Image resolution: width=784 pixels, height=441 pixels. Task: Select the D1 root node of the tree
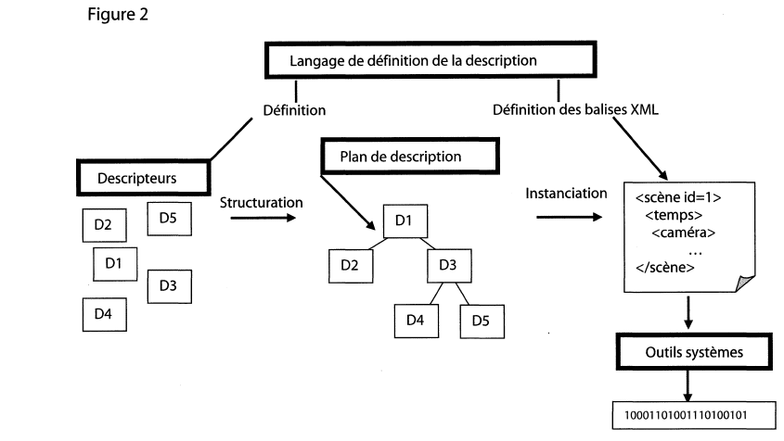403,221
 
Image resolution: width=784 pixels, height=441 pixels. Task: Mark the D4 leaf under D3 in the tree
416,321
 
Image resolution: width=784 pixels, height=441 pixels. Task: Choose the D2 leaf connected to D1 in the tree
350,266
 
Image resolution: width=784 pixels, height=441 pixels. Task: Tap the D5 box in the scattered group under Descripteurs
168,219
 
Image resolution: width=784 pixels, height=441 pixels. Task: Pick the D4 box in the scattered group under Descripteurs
103,314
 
